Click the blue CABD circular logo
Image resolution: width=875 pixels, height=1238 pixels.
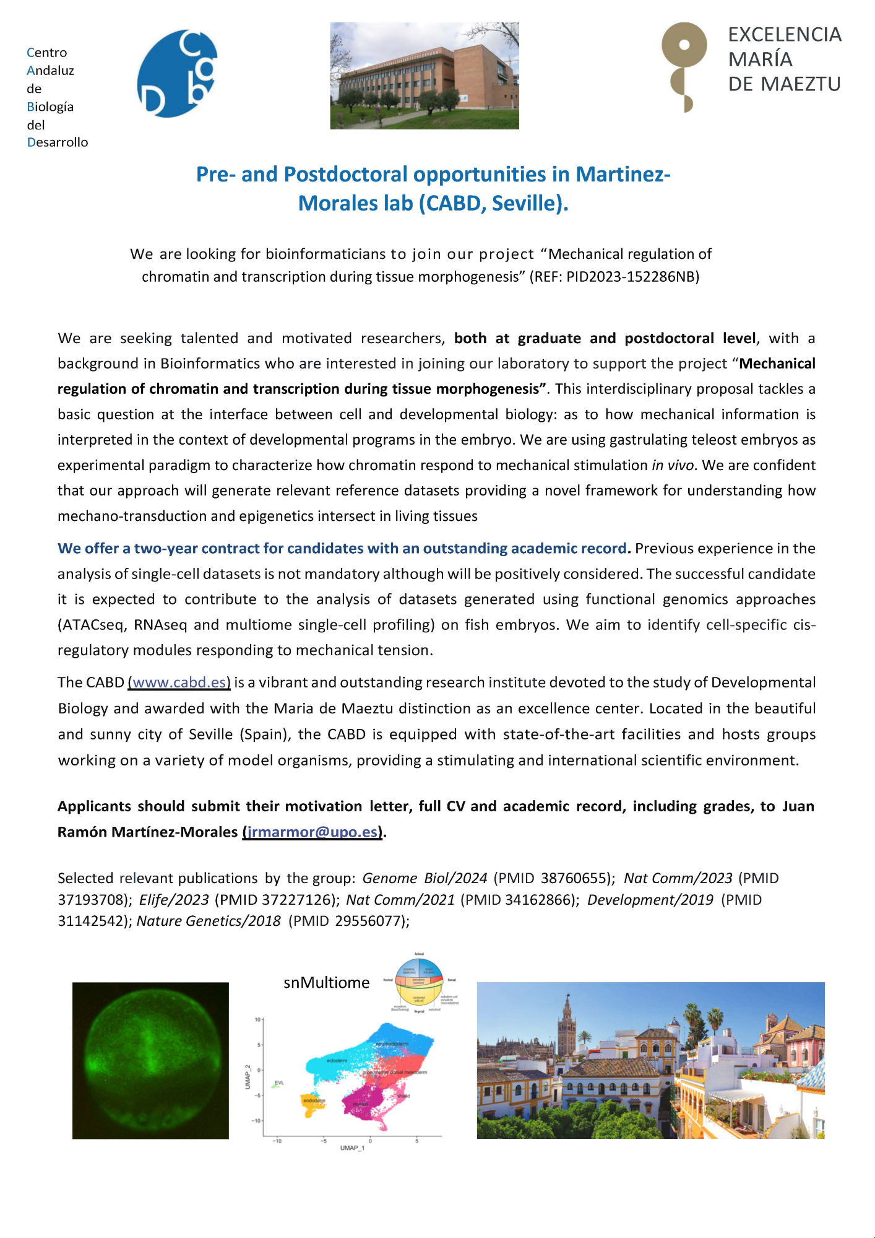[177, 74]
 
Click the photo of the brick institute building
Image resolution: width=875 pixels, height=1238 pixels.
[425, 76]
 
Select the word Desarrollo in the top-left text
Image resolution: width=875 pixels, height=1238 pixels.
[58, 142]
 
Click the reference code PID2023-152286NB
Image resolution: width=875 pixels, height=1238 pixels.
[632, 277]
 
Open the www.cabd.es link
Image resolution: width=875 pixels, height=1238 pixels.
[179, 682]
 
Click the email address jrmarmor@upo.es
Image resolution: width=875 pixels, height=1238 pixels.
[312, 832]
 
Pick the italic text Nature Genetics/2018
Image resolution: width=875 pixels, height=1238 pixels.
[209, 922]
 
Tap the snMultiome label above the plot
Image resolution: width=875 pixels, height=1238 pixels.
[326, 983]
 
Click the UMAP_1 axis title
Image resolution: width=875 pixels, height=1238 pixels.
[352, 1148]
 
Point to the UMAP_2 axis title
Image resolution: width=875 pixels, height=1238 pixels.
[248, 1077]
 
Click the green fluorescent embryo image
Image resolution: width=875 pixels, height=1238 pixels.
[150, 1060]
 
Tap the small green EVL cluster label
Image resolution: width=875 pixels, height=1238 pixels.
[279, 1083]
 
